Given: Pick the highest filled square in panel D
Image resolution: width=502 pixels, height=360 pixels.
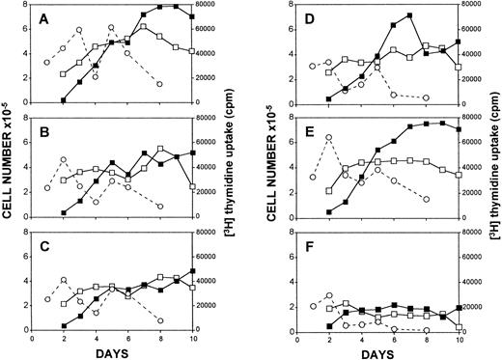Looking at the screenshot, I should (x=410, y=15).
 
